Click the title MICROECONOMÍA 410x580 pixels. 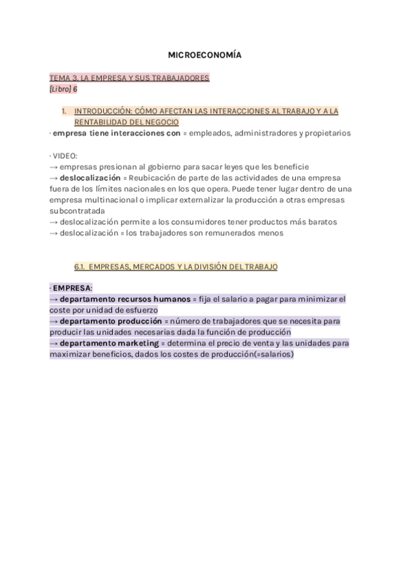click(204, 54)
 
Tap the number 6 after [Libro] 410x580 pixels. click(75, 89)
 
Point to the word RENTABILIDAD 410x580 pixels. click(102, 122)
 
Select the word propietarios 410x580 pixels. click(326, 133)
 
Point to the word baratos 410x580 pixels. click(320, 222)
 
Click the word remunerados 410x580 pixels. click(234, 233)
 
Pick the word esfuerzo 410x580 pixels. click(139, 310)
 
